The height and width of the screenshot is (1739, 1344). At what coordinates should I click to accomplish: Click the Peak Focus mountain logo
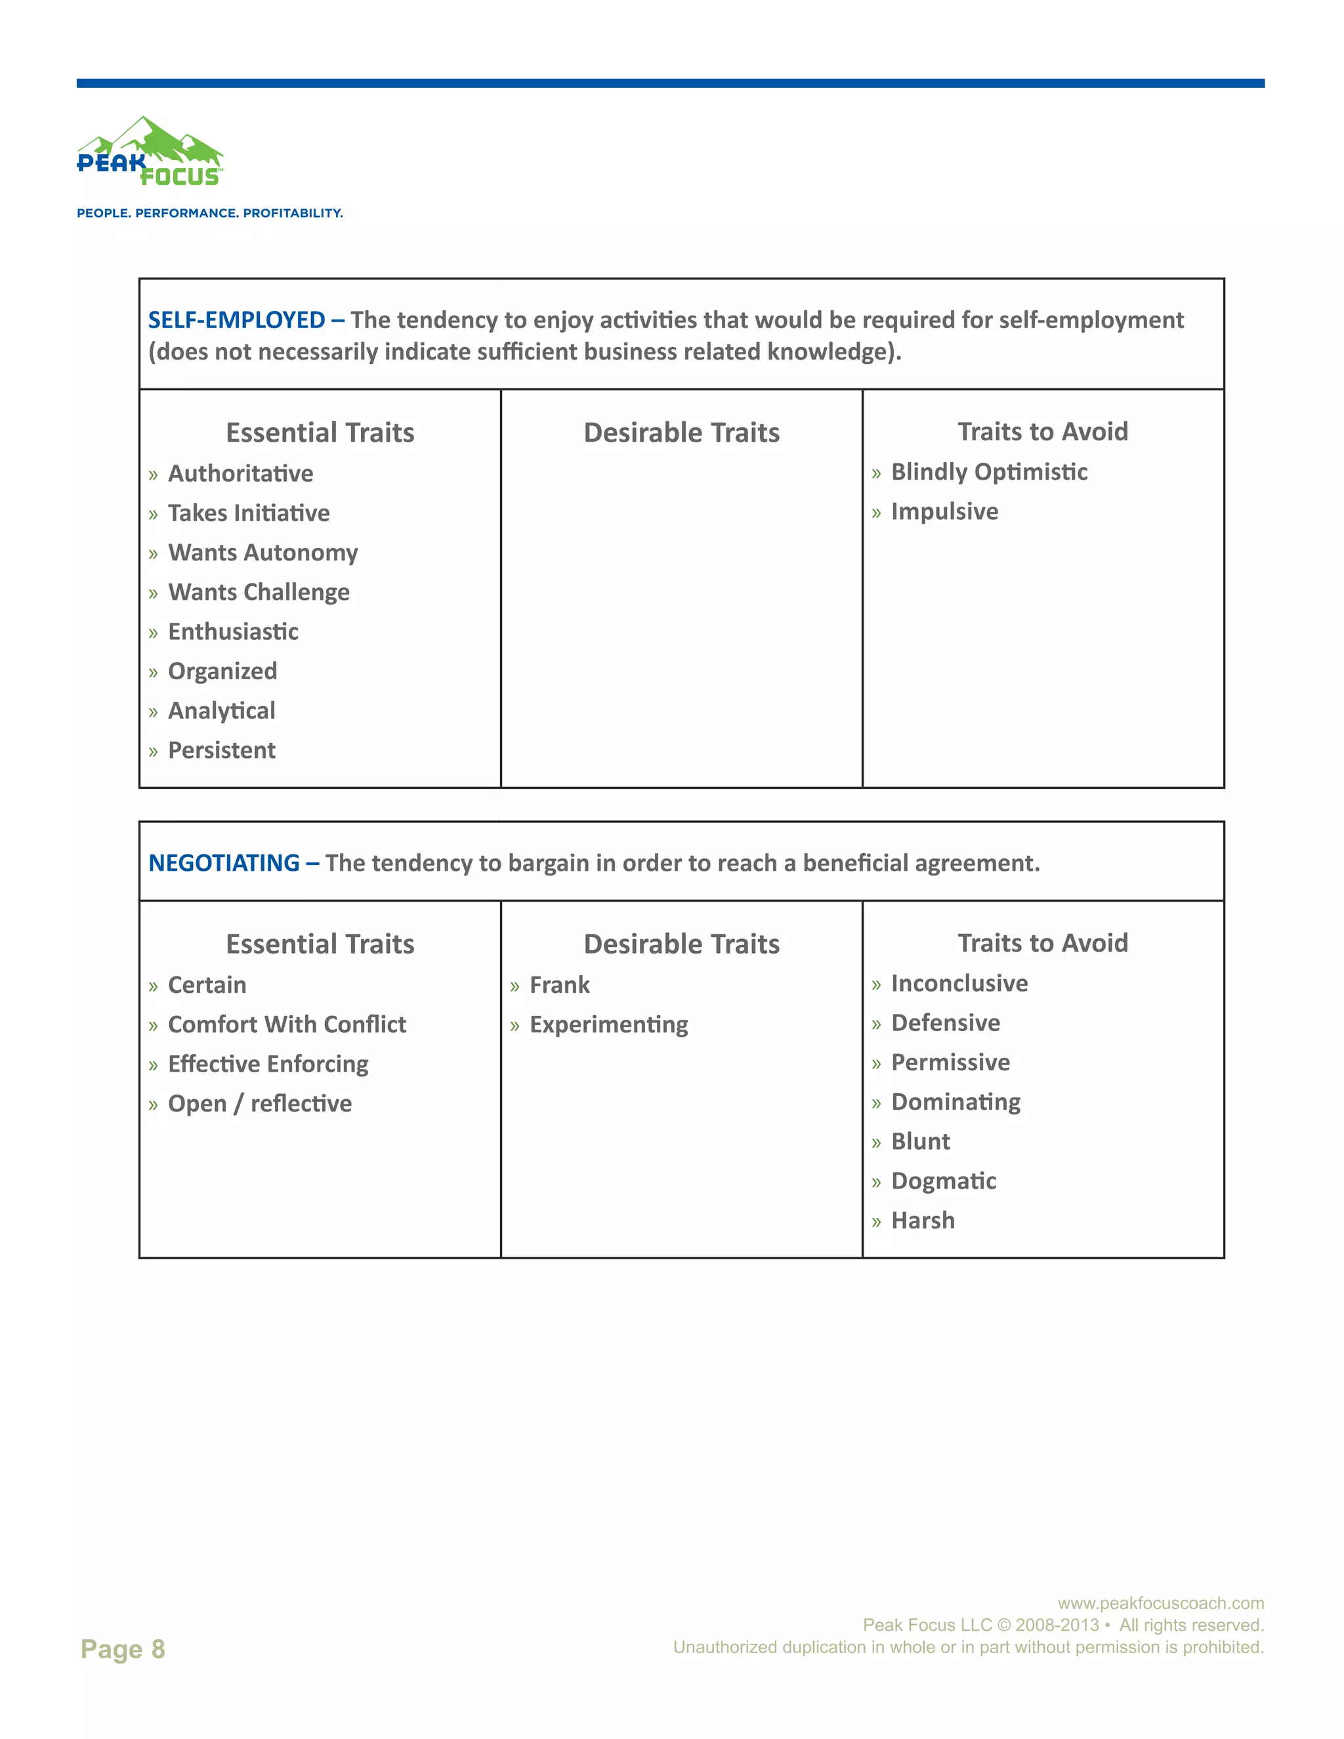tap(150, 153)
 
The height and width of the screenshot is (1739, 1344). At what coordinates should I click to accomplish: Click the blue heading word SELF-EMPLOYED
tap(236, 320)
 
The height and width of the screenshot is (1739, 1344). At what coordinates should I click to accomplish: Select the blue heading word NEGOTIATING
tap(224, 863)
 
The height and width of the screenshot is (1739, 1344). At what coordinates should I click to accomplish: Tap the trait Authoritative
tap(240, 474)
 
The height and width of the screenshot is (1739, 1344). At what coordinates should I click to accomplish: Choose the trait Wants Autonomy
tap(262, 553)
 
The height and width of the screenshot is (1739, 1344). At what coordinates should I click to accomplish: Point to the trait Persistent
tap(221, 750)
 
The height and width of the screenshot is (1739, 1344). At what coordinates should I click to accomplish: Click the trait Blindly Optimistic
tap(989, 472)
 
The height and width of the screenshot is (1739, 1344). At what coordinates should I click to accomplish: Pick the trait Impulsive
tap(944, 511)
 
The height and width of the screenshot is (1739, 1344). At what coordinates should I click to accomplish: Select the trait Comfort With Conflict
tap(287, 1025)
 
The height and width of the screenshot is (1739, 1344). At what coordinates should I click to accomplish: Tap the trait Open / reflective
tap(260, 1104)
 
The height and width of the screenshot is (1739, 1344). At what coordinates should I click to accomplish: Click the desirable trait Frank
tap(560, 985)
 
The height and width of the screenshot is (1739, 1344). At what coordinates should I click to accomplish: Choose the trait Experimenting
tap(608, 1025)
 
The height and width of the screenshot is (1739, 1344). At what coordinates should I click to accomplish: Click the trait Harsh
tap(923, 1221)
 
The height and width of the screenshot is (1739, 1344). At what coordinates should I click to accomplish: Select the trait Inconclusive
tap(959, 984)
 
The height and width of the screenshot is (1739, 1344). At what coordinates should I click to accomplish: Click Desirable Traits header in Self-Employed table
tap(682, 432)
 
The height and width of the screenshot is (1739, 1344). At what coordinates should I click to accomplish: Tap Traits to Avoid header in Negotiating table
tap(1042, 943)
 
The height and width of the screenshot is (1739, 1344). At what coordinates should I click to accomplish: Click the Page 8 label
tap(123, 1648)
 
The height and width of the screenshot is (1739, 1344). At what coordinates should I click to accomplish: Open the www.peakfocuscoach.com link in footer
tap(1160, 1603)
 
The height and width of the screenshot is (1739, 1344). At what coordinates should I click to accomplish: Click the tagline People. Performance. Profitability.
tap(209, 213)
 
